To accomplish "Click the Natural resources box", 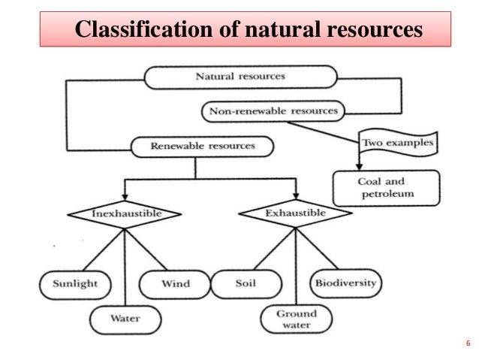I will [x=240, y=77].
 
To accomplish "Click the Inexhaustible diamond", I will [x=125, y=213].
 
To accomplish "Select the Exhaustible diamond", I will [x=295, y=213].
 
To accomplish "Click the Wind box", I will [x=175, y=284].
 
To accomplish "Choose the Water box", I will [x=125, y=318].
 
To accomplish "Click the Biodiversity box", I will [x=346, y=284].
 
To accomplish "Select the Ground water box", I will [x=296, y=319].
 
